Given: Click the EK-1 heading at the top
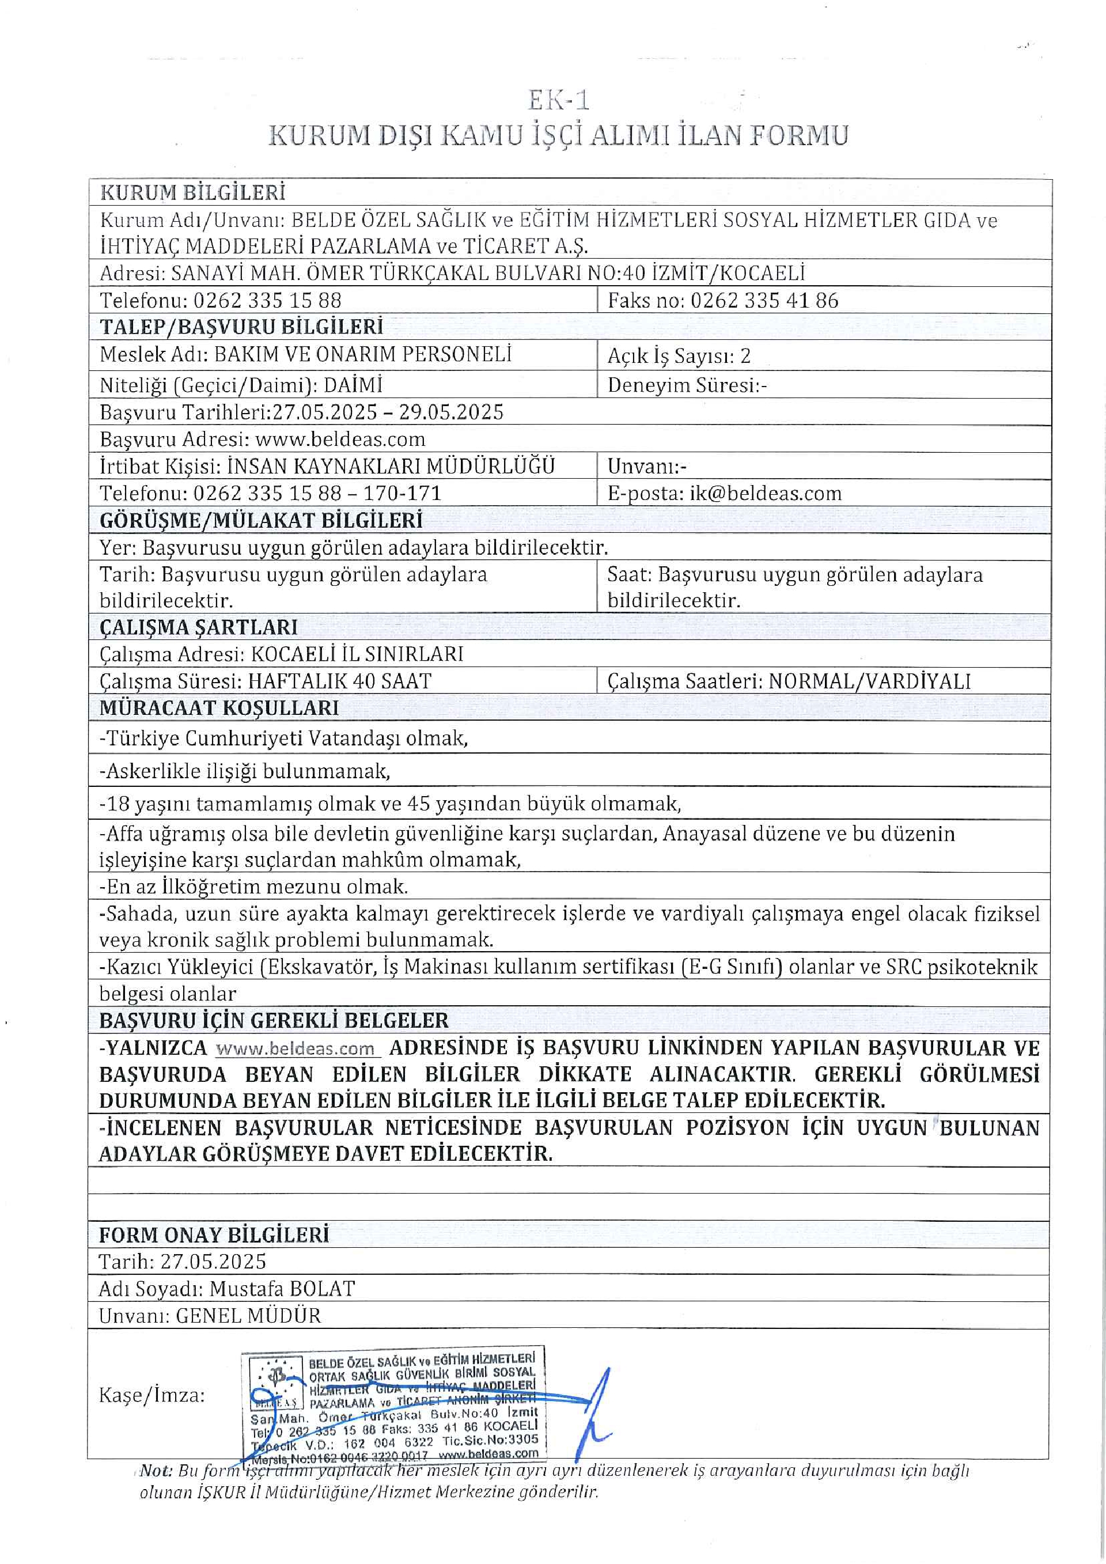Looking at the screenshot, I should (558, 101).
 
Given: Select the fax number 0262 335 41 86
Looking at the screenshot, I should (764, 300).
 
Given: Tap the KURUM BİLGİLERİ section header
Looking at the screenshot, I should (193, 193).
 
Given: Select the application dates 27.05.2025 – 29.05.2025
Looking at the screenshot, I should (388, 412).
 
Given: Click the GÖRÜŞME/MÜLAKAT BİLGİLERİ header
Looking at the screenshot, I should (261, 520).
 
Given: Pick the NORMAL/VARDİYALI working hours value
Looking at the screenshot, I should (870, 681).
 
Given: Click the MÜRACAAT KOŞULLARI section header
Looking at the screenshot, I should (219, 708).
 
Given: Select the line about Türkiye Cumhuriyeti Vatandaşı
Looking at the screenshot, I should (283, 739).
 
